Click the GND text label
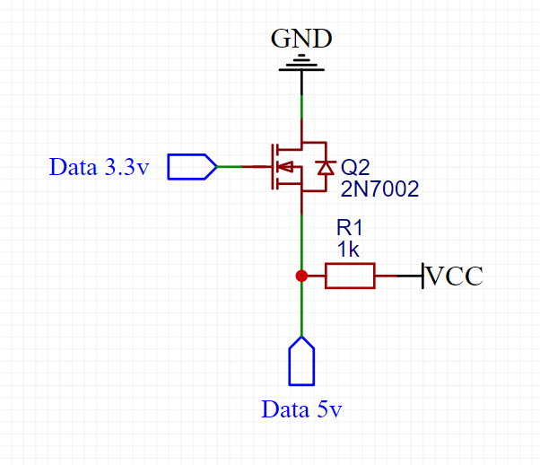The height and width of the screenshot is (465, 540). click(301, 39)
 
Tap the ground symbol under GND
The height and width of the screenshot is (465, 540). click(301, 63)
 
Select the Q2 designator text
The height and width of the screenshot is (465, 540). click(355, 168)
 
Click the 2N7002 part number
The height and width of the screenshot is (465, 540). click(379, 189)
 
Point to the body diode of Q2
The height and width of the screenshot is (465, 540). click(326, 168)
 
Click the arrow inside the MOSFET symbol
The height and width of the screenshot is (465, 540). click(285, 167)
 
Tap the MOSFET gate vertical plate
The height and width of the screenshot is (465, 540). click(273, 167)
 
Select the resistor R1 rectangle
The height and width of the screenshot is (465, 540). click(350, 276)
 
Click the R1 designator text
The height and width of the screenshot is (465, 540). click(349, 228)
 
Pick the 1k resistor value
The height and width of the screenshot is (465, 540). click(348, 250)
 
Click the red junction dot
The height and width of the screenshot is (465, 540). click(301, 276)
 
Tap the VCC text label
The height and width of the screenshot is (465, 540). click(454, 276)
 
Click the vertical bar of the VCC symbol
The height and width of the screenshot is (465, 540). click(422, 276)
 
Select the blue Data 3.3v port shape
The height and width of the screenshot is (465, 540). click(192, 167)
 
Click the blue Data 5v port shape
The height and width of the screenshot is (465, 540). click(301, 361)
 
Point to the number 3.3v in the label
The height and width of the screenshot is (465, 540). click(126, 167)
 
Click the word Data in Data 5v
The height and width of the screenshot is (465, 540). click(285, 409)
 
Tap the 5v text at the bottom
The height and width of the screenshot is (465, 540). click(329, 409)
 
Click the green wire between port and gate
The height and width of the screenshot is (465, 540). click(230, 167)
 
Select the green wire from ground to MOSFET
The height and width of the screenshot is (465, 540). click(302, 107)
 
